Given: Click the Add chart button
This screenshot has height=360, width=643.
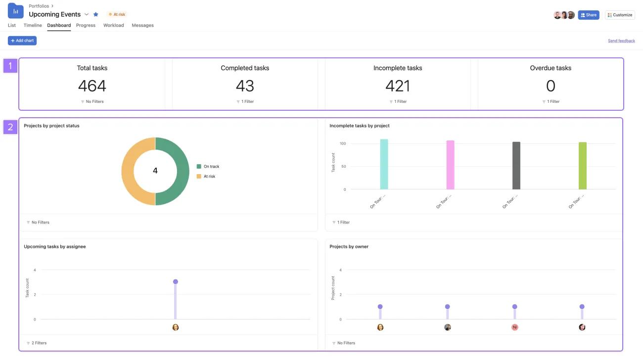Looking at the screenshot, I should click(x=22, y=41).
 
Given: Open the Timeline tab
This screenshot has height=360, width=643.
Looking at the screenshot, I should click(x=33, y=25).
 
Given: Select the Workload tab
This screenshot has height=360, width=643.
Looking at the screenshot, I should click(x=113, y=25).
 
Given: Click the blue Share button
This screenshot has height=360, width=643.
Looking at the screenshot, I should click(x=589, y=15).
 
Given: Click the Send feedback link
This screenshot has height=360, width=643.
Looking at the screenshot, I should click(x=621, y=41).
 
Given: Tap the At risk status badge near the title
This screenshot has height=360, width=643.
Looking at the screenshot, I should click(x=117, y=14).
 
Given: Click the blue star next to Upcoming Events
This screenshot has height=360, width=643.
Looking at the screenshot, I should click(x=96, y=14).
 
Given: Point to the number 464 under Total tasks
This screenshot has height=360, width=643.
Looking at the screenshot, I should click(x=92, y=86).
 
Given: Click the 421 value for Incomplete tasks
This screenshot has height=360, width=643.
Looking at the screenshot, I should click(x=398, y=86).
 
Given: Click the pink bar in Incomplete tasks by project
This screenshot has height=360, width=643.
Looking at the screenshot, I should click(x=450, y=165).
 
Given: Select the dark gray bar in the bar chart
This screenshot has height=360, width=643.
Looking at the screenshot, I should click(x=516, y=166).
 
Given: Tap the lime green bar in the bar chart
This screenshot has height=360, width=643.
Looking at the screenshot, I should click(x=583, y=166).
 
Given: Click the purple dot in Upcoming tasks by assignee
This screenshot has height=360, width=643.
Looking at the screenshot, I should click(x=175, y=281).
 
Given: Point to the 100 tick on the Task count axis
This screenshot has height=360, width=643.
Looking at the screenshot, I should click(x=343, y=143).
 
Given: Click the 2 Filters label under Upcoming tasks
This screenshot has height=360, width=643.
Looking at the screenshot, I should click(x=38, y=343).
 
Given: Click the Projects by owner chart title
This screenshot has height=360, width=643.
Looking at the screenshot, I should click(x=349, y=246).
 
